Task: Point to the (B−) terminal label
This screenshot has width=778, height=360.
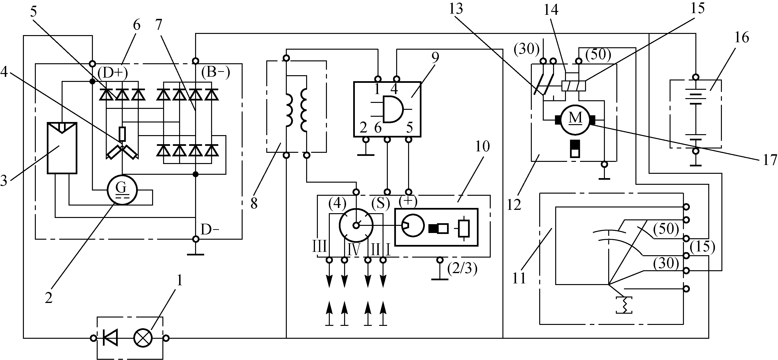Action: point(215,73)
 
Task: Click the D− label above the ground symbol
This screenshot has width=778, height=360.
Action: point(210,230)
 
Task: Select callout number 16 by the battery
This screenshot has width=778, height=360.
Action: point(742,37)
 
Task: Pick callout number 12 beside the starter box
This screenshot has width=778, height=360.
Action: point(514,205)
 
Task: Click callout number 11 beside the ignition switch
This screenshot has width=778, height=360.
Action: point(519,278)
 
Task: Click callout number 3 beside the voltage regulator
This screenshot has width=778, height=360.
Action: point(4,181)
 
